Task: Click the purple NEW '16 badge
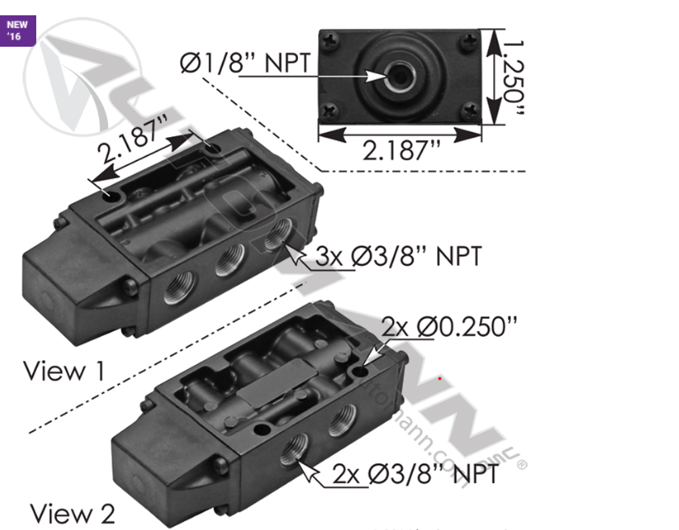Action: point(17,30)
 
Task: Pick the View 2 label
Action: point(72,513)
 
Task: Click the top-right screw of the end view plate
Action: point(470,40)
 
